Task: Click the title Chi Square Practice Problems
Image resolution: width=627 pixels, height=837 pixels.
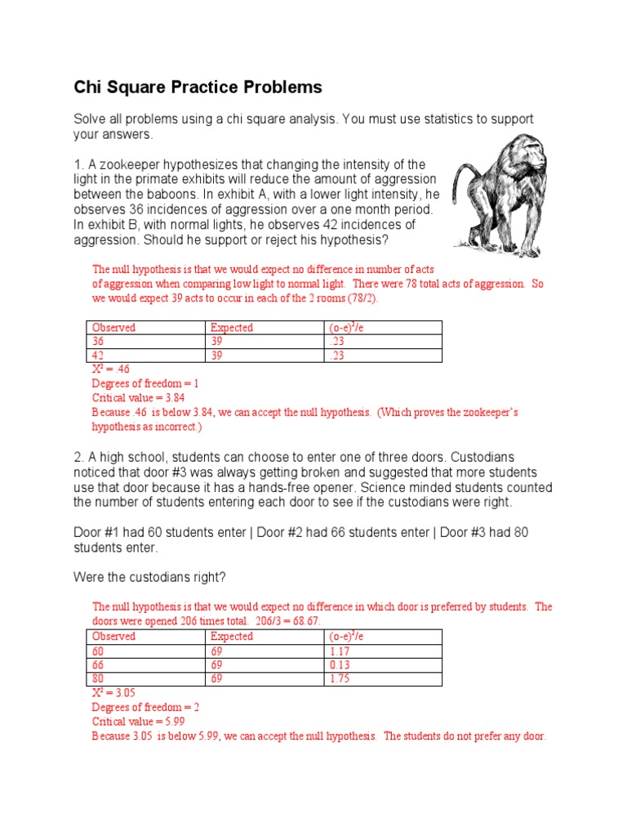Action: (x=198, y=87)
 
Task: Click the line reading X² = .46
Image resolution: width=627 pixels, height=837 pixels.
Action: (x=112, y=369)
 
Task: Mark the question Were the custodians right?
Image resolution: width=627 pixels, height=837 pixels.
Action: (x=149, y=577)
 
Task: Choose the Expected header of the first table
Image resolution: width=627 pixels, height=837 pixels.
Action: (x=232, y=328)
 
